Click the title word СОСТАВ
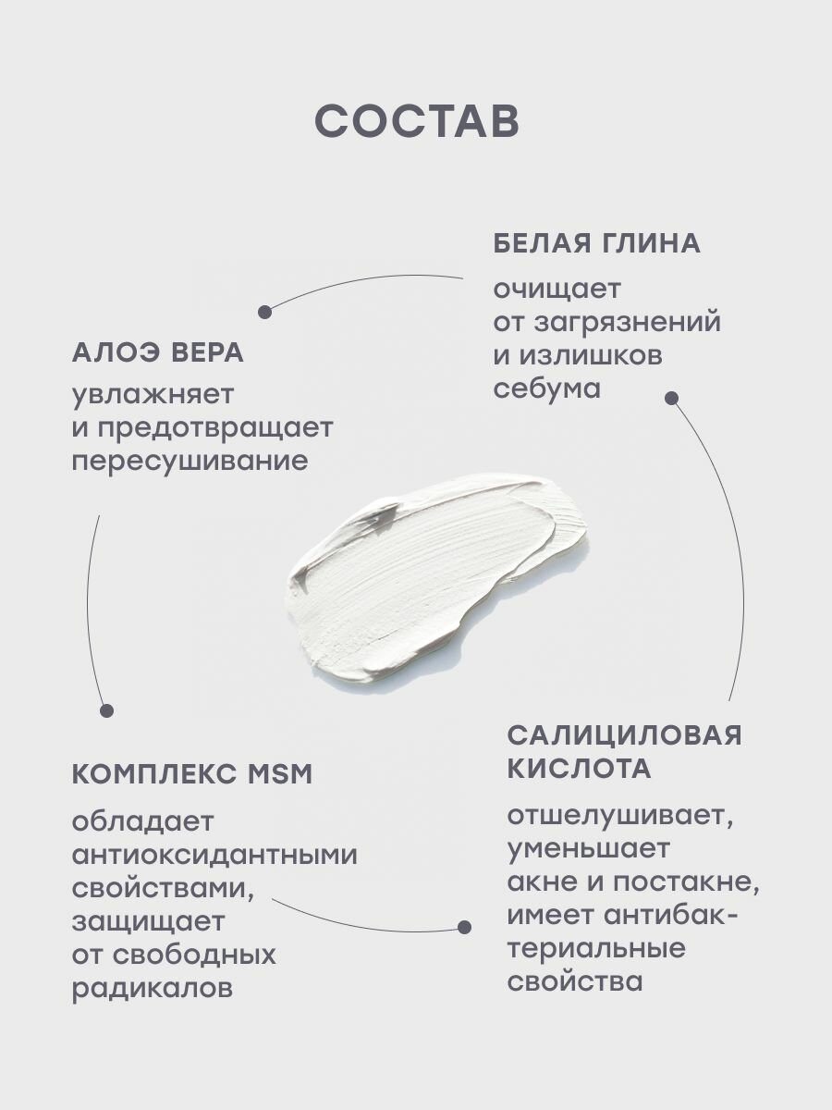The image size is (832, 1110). (416, 121)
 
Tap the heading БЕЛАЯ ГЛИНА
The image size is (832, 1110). (596, 243)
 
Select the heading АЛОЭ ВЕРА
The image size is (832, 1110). (157, 352)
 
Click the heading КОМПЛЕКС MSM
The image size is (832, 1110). (191, 774)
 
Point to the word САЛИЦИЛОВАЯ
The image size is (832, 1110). (625, 735)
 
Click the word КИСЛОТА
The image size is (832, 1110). (579, 769)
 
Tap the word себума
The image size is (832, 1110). (546, 388)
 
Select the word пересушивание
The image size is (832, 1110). (190, 461)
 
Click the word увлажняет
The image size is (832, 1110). (153, 394)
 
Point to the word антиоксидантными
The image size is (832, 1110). (214, 854)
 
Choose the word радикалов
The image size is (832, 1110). (152, 988)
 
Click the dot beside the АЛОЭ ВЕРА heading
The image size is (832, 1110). (264, 312)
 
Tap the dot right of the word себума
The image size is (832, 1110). (672, 399)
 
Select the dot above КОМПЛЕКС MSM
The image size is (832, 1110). (106, 710)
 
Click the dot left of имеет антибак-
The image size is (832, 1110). (464, 926)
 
